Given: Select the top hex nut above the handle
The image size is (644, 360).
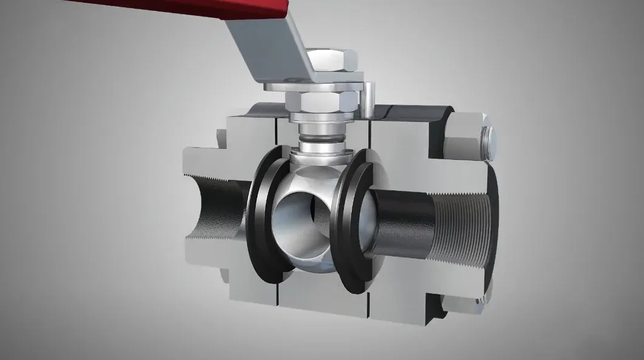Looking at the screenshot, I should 331,59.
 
